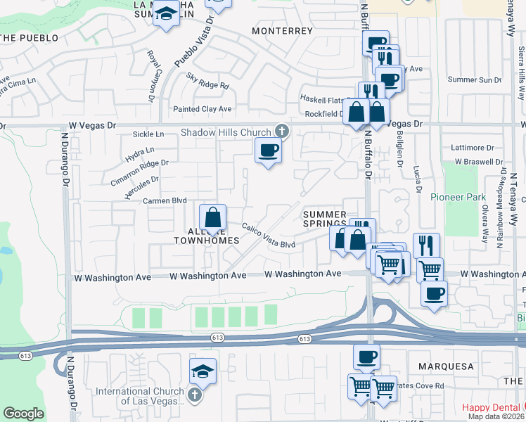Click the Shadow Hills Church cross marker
tap(281, 131)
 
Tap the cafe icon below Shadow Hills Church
tap(267, 150)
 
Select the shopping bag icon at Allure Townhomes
tap(212, 217)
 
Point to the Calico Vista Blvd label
tap(269, 236)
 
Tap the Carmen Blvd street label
tap(165, 200)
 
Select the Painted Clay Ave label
tap(203, 109)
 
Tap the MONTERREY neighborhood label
tap(281, 31)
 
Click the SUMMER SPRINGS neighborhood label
tap(324, 219)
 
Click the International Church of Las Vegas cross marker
tap(195, 396)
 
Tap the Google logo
tap(23, 414)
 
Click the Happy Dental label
tap(492, 408)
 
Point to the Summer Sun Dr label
tap(474, 79)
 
